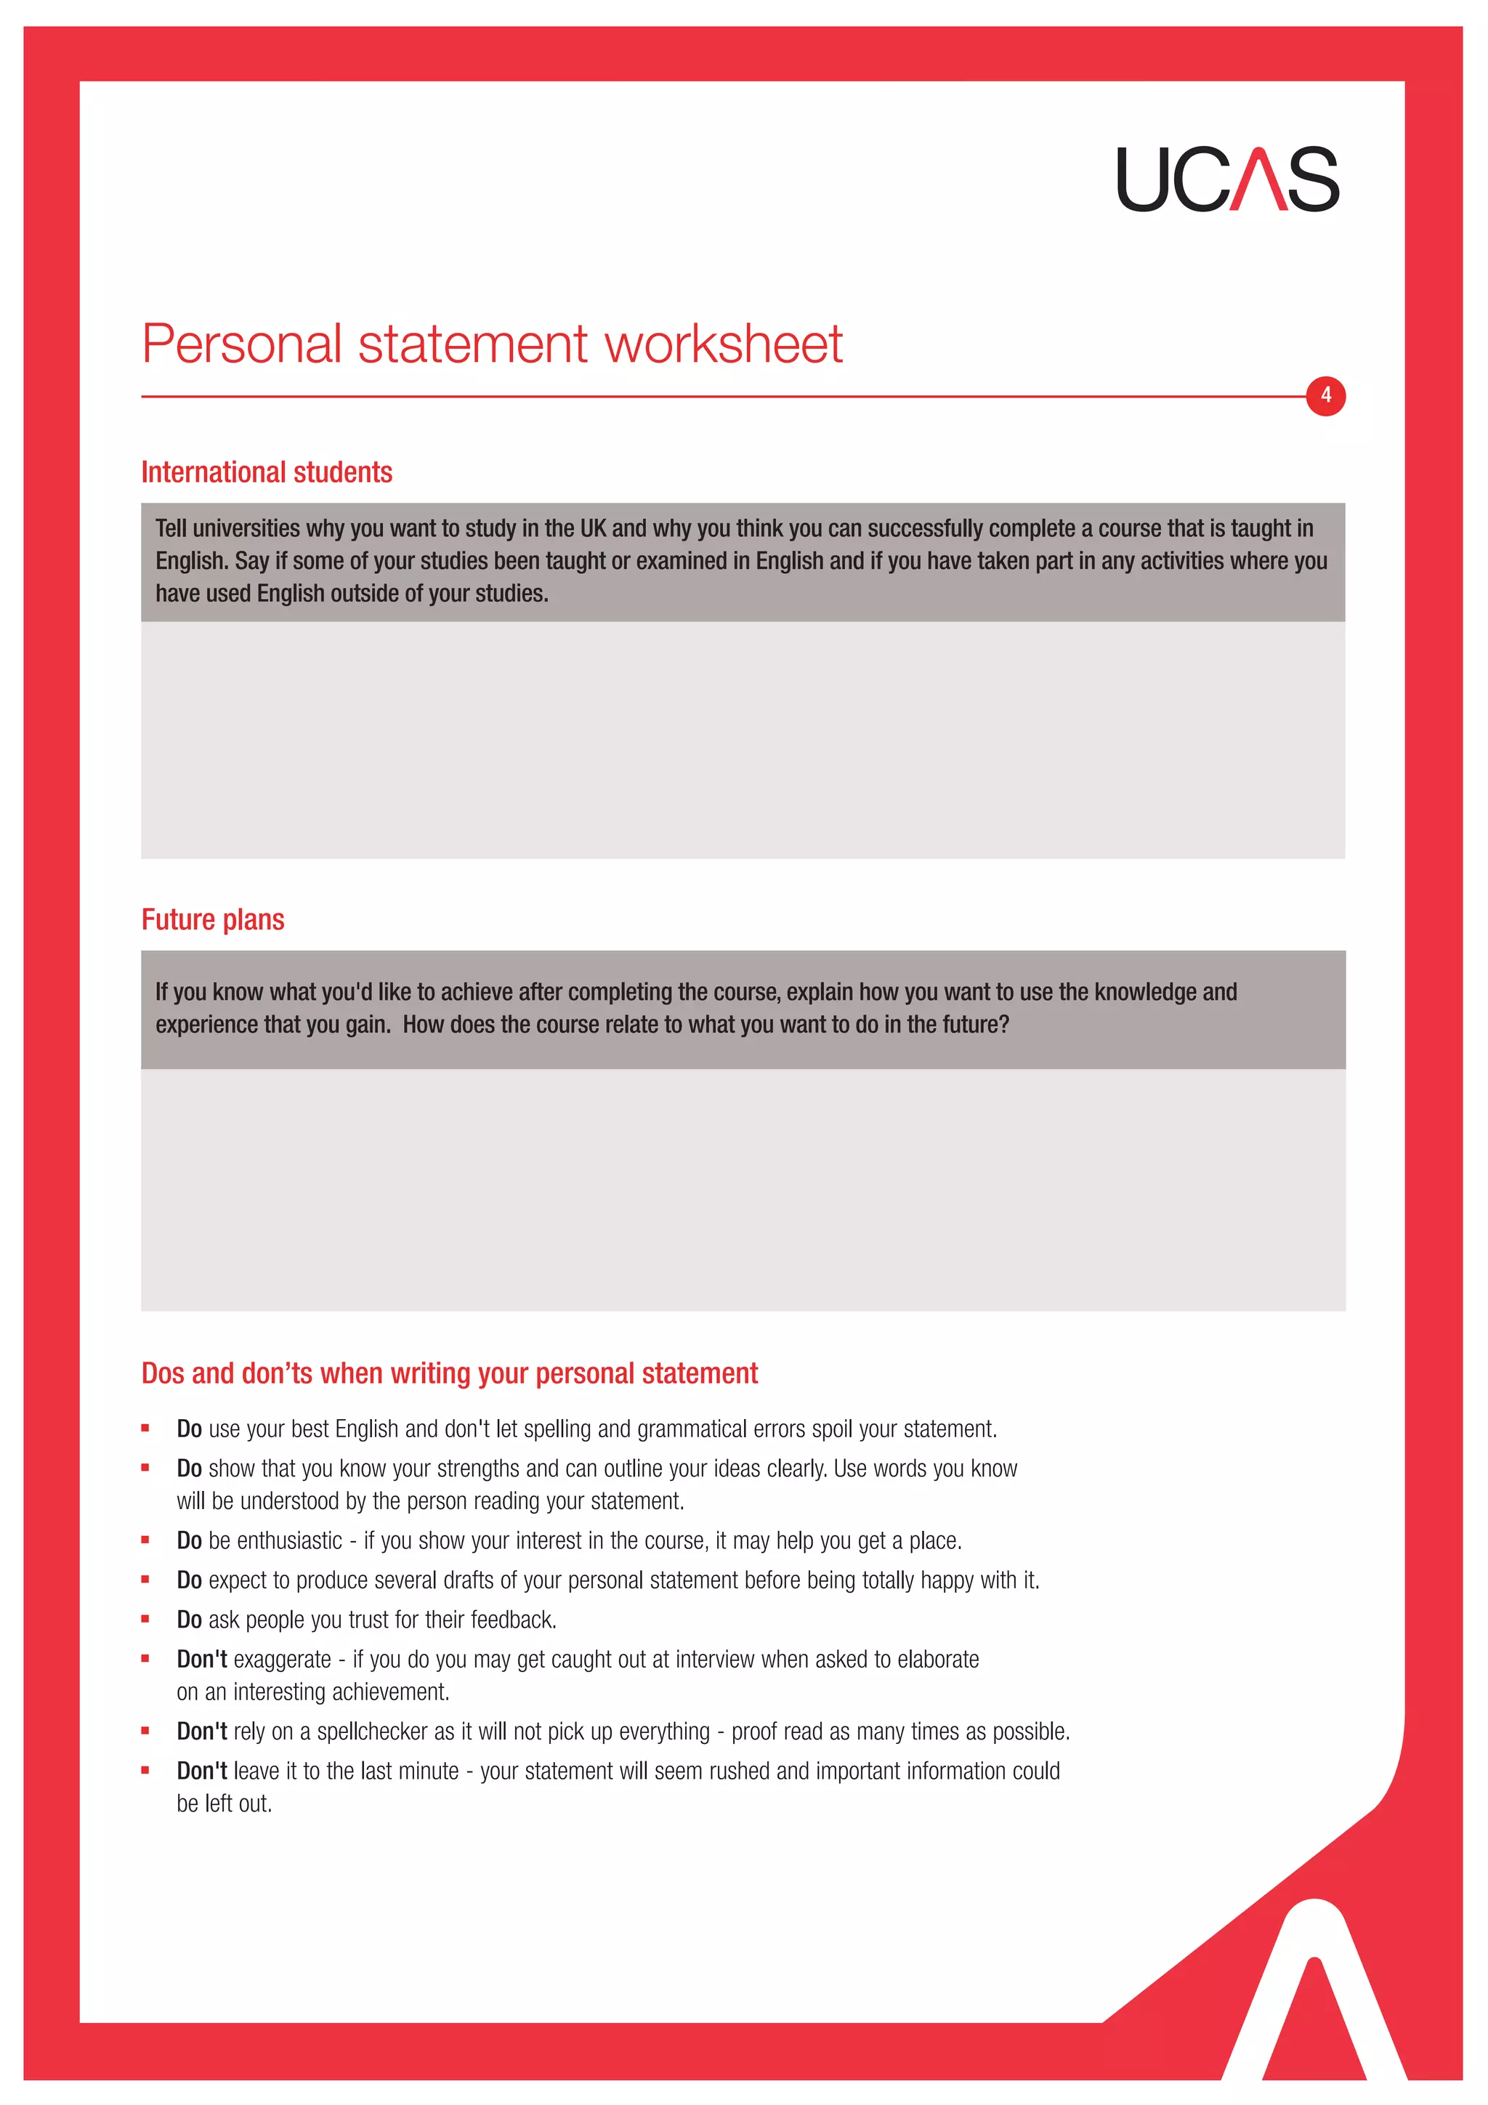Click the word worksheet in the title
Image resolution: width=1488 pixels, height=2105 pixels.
tap(722, 344)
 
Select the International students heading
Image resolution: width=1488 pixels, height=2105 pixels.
tap(267, 472)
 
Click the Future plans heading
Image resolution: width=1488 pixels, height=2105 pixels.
tap(213, 920)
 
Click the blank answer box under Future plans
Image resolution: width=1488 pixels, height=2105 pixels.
tap(743, 1189)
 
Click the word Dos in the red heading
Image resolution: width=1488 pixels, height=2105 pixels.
tap(163, 1373)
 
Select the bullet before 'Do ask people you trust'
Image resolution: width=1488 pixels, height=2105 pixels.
tap(145, 1619)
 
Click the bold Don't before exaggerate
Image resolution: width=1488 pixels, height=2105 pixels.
tap(202, 1660)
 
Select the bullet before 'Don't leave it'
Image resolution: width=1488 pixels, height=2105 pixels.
tap(145, 1770)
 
